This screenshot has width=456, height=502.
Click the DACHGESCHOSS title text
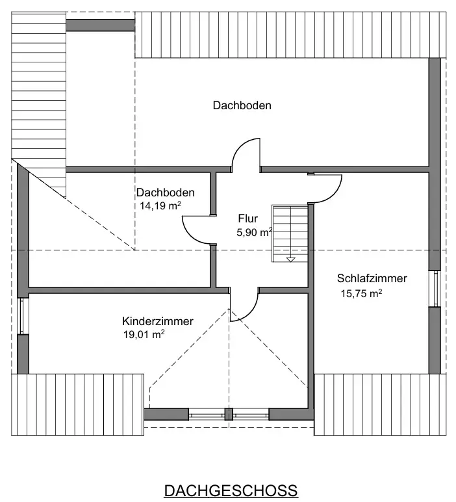231,490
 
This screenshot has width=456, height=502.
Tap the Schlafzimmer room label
372,278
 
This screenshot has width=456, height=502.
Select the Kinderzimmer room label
158,321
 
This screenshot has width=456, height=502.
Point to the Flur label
248,218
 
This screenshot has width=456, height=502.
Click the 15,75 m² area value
361,293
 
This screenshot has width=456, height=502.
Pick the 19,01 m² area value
144,335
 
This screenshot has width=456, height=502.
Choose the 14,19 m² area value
159,206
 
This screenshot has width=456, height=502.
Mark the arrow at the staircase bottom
290,258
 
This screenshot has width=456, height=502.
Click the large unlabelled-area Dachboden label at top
242,105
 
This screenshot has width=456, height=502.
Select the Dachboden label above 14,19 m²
165,192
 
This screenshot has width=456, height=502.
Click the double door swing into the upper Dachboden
247,153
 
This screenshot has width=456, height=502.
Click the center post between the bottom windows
228,414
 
